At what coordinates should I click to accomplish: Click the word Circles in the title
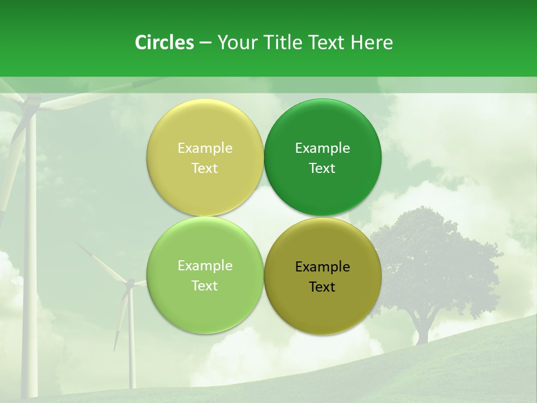pos(164,43)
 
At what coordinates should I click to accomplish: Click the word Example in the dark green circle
pos(323,148)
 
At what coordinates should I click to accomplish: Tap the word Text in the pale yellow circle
pos(205,168)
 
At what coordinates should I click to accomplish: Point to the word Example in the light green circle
pos(205,266)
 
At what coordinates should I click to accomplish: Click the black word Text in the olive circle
pos(322,287)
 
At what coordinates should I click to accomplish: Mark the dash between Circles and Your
pos(205,43)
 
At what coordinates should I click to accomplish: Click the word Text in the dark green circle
pos(322,168)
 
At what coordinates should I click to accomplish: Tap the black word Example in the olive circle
pos(323,267)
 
